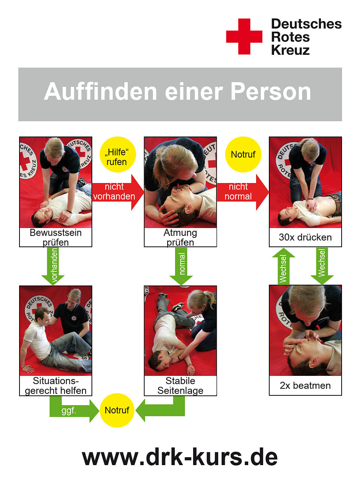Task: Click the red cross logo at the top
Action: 244,36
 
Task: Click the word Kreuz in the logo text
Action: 290,50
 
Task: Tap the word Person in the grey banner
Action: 271,92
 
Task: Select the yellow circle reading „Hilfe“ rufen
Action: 118,155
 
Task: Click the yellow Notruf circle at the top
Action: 243,155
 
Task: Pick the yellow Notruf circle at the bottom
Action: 117,410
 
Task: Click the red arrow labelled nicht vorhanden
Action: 118,192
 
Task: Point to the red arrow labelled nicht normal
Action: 243,192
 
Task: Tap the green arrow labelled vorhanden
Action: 53,266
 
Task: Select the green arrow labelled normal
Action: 181,266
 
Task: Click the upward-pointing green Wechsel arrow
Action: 283,266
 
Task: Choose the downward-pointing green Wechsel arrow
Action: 322,266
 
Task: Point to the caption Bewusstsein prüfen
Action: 55,237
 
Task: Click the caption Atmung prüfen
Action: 180,237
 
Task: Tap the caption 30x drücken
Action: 305,237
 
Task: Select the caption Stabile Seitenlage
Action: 180,386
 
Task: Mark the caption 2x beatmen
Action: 305,386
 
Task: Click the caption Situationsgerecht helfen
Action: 55,386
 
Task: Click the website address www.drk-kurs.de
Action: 180,456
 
